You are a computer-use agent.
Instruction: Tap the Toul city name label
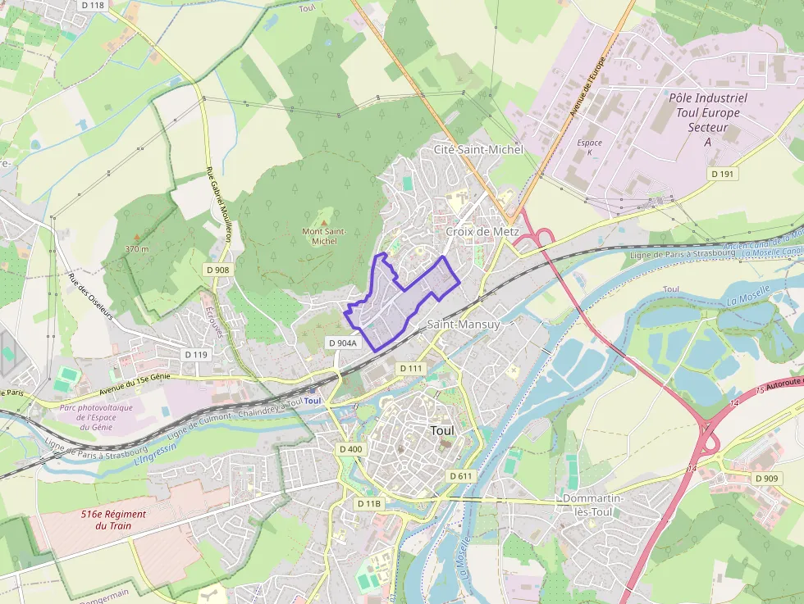(442, 429)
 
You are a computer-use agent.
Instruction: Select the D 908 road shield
(217, 270)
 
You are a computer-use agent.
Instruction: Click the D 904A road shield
(342, 343)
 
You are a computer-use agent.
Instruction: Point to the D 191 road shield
(722, 174)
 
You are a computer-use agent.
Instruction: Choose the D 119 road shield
(197, 354)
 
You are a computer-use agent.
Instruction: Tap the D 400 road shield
(350, 449)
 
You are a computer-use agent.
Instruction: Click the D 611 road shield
(460, 475)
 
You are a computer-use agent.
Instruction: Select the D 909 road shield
(765, 478)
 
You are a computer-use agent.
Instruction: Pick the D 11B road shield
(369, 502)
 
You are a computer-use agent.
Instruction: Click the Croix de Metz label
(482, 232)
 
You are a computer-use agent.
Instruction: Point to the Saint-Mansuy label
(464, 325)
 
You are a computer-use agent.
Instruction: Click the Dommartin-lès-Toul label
(594, 505)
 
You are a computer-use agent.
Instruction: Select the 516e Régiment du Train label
(113, 520)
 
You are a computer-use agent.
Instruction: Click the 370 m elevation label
(137, 248)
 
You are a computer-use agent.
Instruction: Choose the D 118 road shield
(94, 5)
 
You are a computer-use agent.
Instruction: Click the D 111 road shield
(412, 369)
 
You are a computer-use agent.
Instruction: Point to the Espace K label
(589, 148)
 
